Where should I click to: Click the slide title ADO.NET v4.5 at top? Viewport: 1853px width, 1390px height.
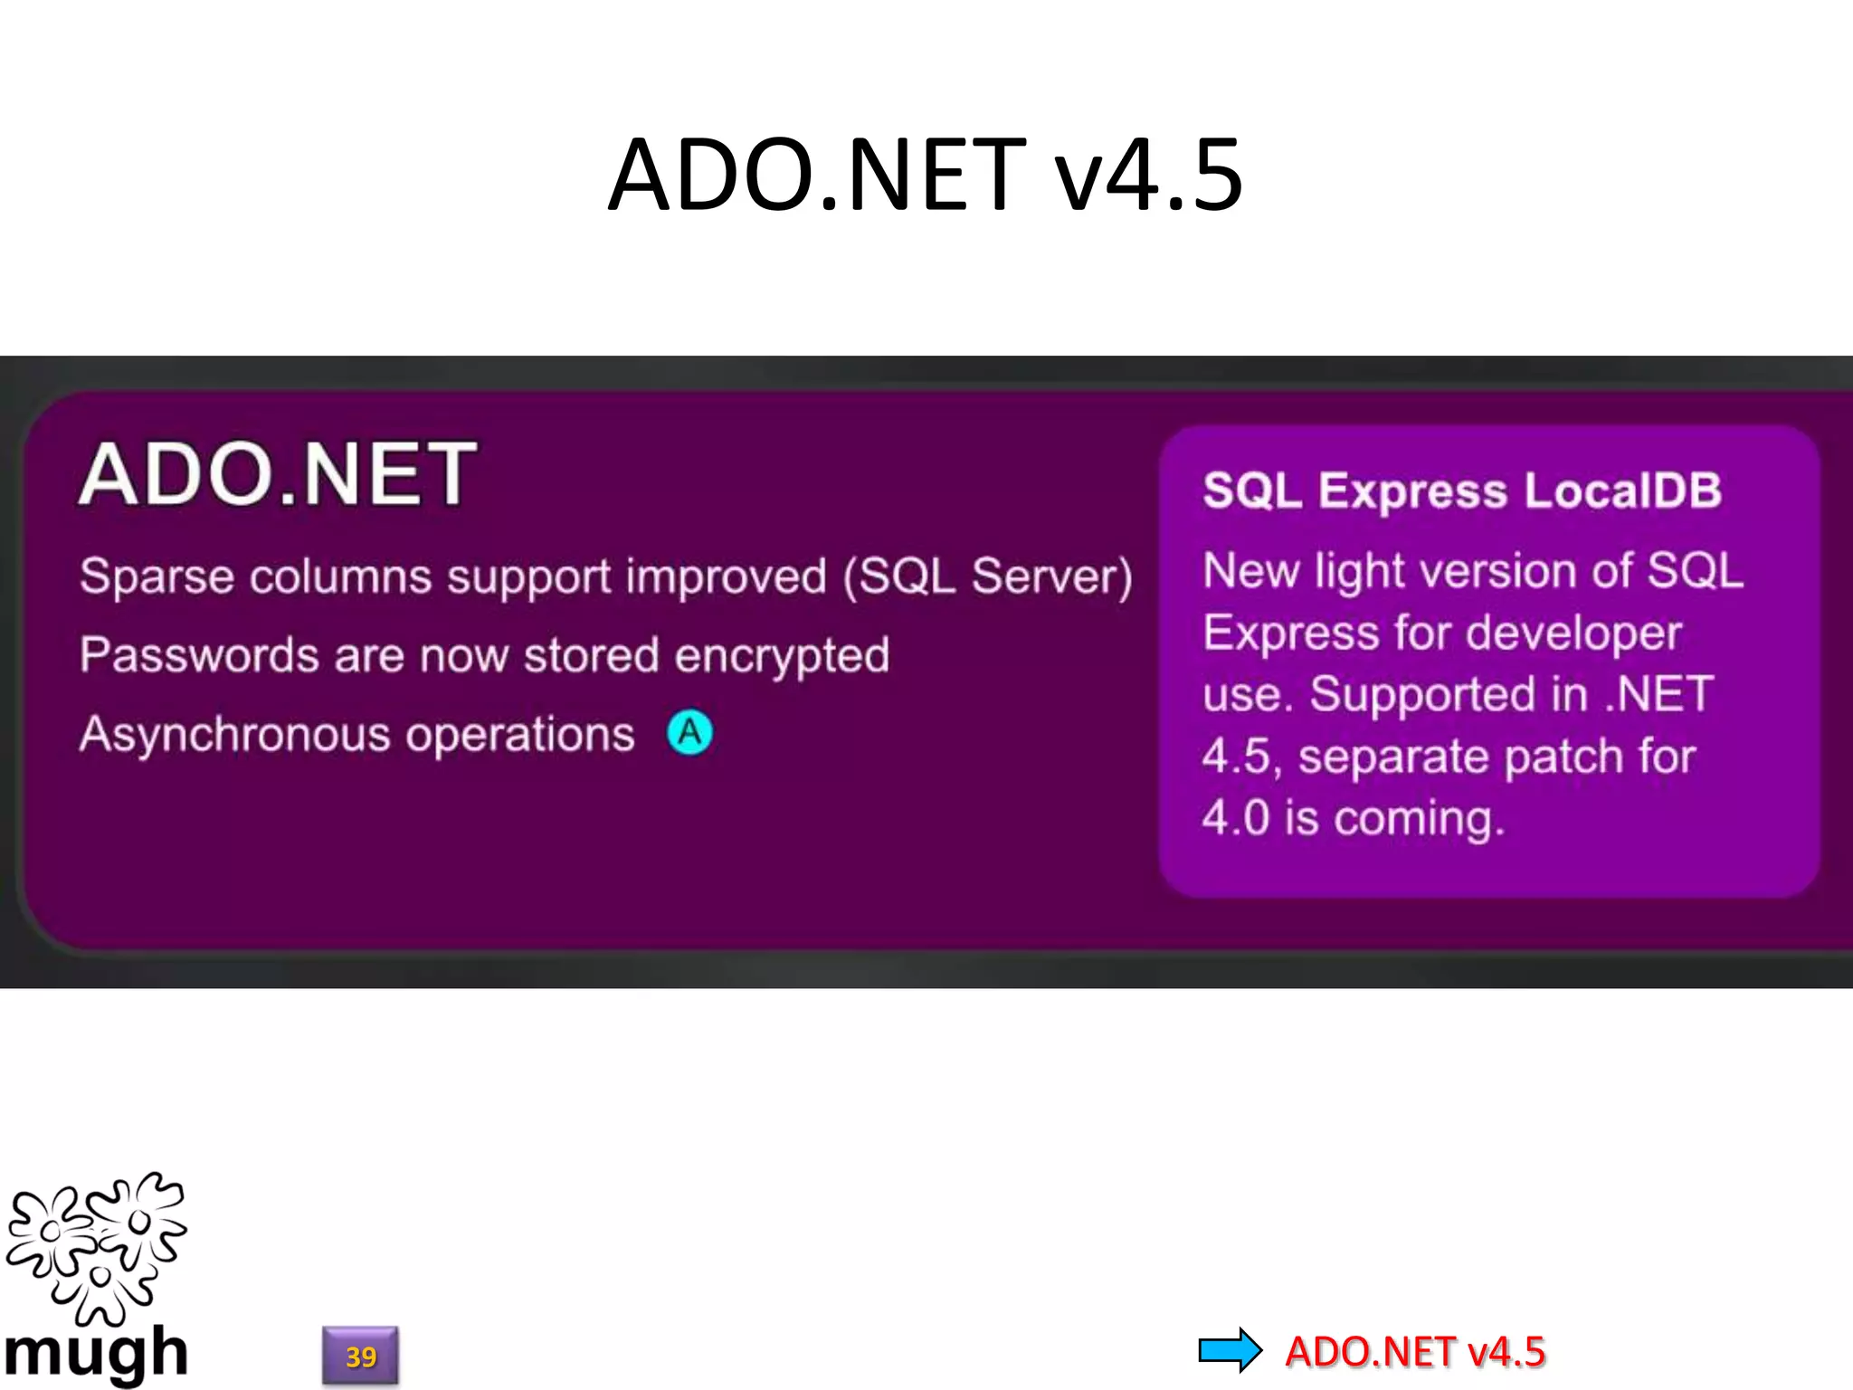click(925, 175)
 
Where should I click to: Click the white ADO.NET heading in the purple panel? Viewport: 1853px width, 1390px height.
click(277, 474)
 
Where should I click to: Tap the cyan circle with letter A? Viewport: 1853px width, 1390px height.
click(689, 732)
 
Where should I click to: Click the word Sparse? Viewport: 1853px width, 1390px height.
click(156, 576)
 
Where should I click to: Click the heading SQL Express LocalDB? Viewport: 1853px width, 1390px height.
click(1461, 490)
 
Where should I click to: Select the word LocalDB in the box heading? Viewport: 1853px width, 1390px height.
click(1622, 490)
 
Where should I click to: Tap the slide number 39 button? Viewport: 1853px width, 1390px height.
click(360, 1356)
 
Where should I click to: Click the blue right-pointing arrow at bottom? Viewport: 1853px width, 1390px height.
click(1230, 1350)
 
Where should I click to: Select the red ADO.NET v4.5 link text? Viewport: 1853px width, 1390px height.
click(1414, 1351)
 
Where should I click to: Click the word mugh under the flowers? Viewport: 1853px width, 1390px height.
click(95, 1353)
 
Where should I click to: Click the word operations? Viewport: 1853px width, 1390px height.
click(519, 734)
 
